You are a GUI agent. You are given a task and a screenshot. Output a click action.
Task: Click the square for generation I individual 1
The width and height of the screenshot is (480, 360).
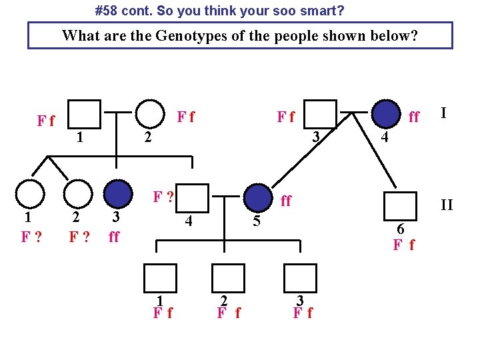(x=85, y=114)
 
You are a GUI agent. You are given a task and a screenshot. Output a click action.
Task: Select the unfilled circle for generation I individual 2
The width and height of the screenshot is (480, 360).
(x=151, y=114)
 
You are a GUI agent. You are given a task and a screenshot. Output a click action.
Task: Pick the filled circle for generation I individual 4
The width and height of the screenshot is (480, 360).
(x=385, y=114)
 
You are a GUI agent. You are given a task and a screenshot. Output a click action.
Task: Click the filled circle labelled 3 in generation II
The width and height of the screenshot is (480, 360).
(x=118, y=194)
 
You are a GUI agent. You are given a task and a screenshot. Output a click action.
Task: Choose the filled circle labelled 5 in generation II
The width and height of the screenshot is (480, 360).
(x=259, y=198)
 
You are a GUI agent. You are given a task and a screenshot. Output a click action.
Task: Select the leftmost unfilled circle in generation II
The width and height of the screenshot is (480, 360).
(x=29, y=194)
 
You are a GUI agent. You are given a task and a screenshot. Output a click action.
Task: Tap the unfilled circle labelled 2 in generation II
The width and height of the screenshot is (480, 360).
(x=78, y=194)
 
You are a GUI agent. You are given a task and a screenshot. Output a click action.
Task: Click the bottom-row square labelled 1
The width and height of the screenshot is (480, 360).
(x=160, y=278)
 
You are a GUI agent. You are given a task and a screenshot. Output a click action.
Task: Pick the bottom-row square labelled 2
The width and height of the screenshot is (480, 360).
(x=228, y=278)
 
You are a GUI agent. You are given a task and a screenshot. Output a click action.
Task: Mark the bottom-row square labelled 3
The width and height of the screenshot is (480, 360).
(x=299, y=278)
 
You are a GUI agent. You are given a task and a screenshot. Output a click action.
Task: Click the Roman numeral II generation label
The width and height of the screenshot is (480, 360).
(x=446, y=205)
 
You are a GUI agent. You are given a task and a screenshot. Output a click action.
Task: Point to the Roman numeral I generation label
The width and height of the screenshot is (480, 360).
(x=443, y=113)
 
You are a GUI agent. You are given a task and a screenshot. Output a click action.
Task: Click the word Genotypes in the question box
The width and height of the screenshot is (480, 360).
(x=191, y=35)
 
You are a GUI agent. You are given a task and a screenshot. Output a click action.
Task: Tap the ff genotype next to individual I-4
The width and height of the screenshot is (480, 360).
(x=414, y=117)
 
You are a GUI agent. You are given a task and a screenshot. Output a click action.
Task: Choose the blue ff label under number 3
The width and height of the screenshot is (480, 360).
(x=114, y=237)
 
